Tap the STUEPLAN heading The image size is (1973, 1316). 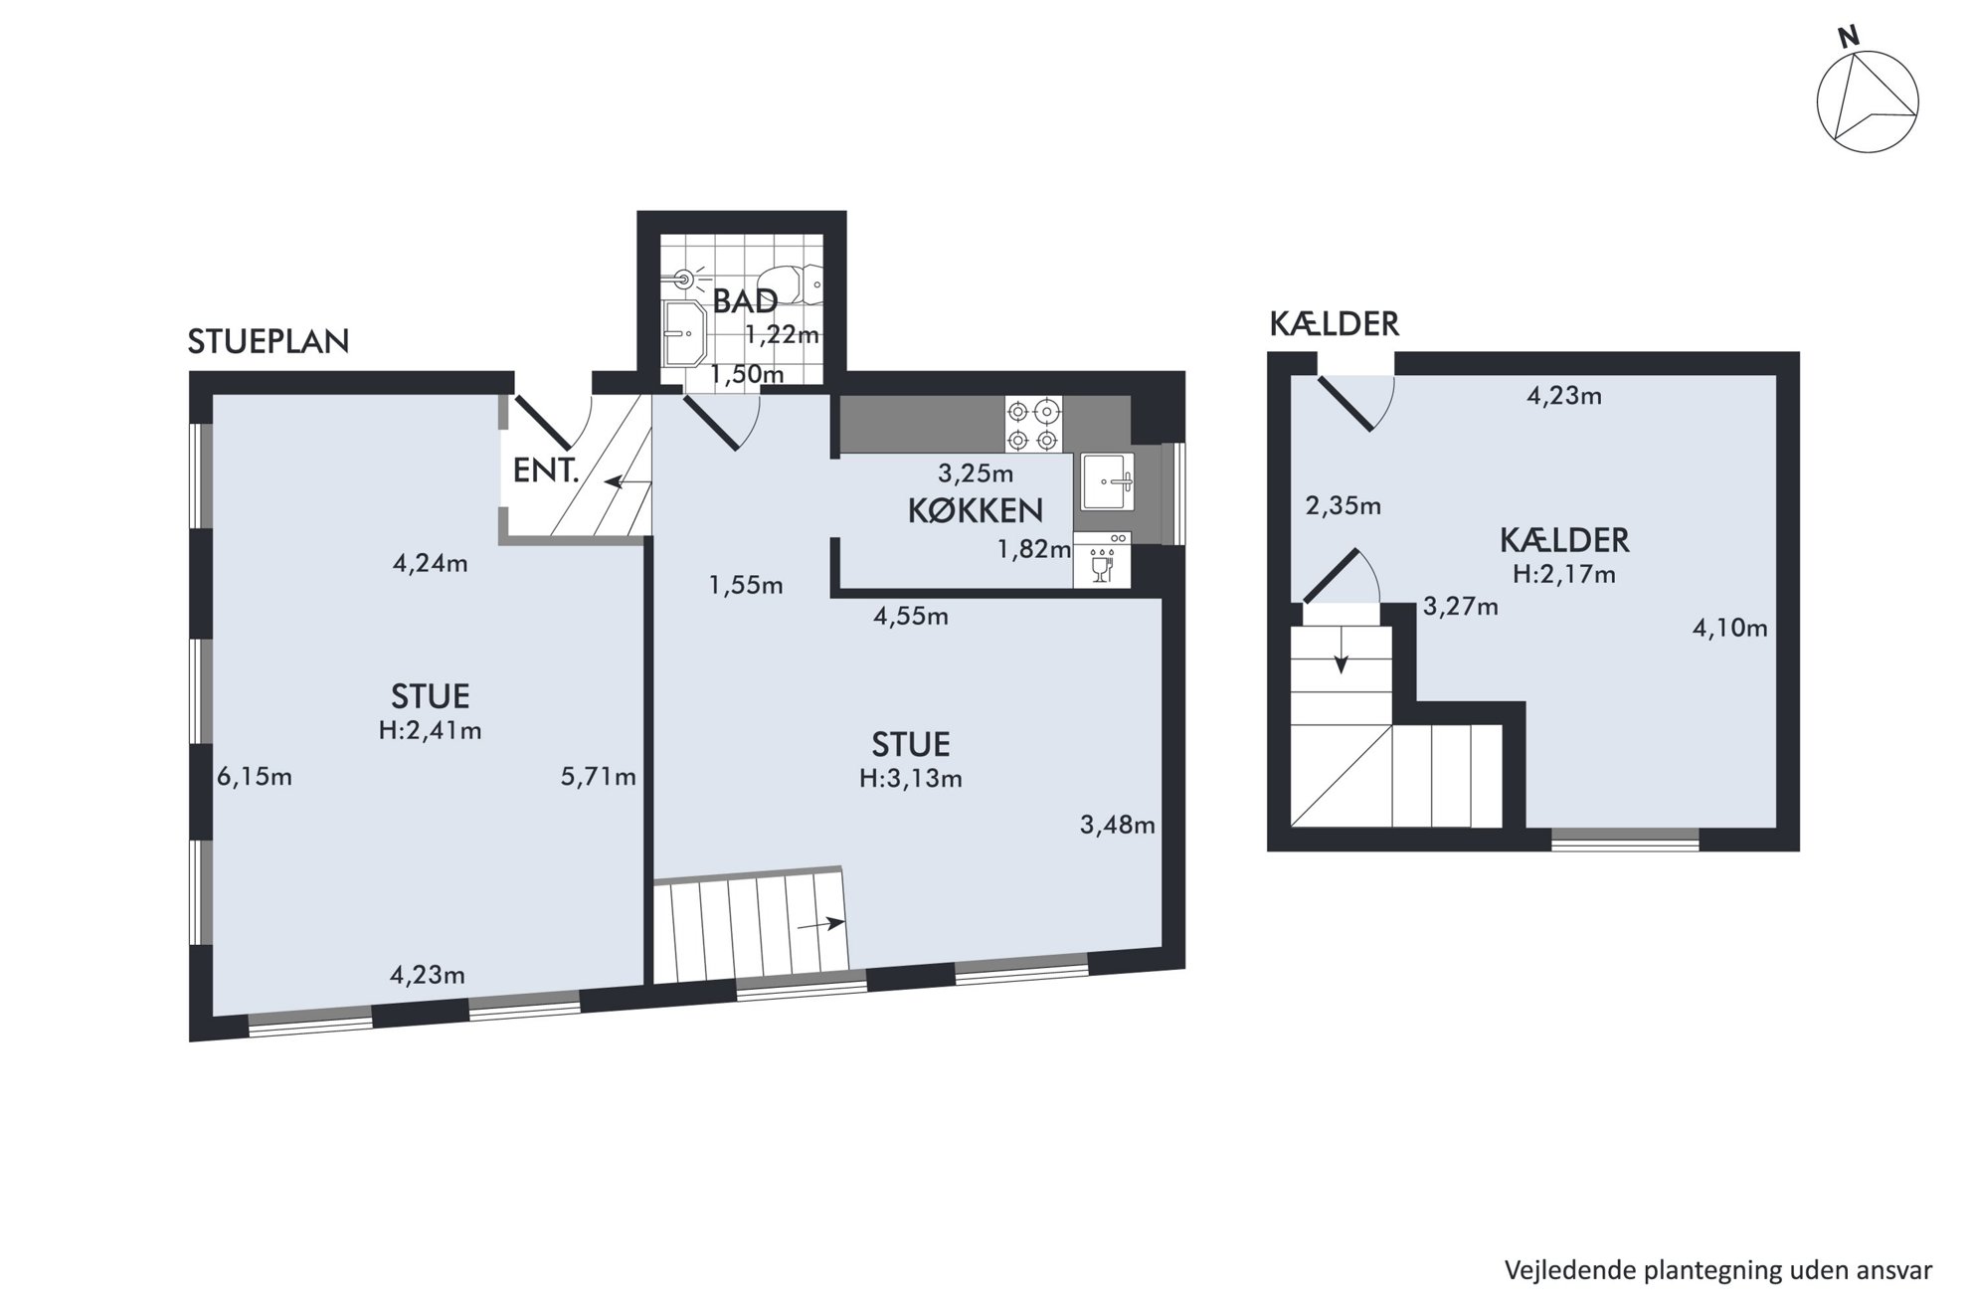tap(269, 341)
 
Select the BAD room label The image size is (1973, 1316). tap(745, 300)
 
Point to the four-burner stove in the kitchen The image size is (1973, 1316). tap(1033, 425)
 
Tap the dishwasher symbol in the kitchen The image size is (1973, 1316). tap(1103, 560)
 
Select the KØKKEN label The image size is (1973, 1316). tap(975, 510)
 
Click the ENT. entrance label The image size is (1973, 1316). tap(546, 470)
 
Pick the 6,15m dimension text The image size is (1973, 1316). tap(255, 776)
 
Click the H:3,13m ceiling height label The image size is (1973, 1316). tap(911, 778)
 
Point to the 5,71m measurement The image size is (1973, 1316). tap(599, 776)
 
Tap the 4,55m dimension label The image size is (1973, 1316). tap(911, 617)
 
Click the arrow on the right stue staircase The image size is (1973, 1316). tap(820, 924)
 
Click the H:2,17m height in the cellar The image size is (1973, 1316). tap(1564, 574)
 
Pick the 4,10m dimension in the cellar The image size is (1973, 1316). tap(1730, 628)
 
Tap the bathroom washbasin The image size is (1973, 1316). tap(685, 333)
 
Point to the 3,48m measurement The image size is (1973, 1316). tap(1118, 824)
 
